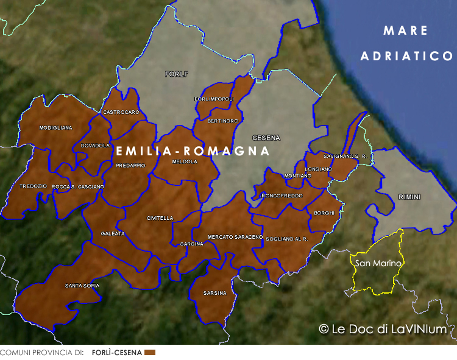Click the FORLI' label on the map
click(x=177, y=74)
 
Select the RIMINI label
click(x=409, y=196)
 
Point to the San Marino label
click(x=378, y=263)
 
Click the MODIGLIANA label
click(x=55, y=128)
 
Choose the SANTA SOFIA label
click(x=82, y=285)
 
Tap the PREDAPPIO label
click(x=131, y=165)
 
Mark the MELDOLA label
click(x=185, y=162)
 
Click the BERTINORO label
click(x=223, y=121)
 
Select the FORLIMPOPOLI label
click(x=214, y=99)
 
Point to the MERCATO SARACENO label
click(x=235, y=236)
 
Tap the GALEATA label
click(x=113, y=233)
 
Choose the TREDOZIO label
click(x=33, y=186)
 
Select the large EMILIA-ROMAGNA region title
click(x=193, y=150)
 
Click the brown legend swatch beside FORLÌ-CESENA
click(x=150, y=353)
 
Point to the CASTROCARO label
click(x=121, y=112)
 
